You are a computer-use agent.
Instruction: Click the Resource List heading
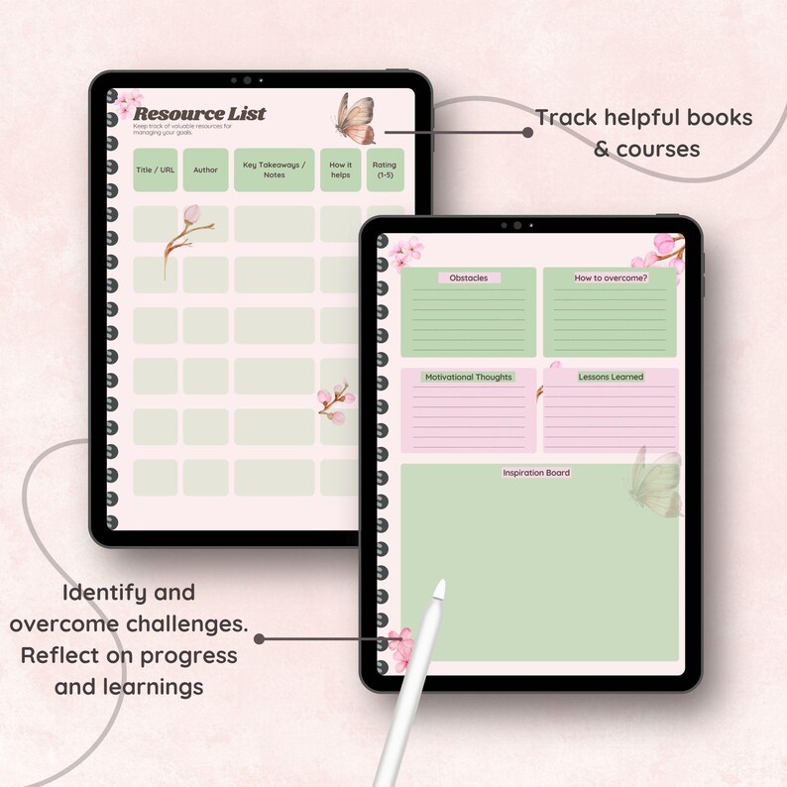click(x=199, y=113)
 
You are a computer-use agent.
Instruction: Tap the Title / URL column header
click(x=155, y=169)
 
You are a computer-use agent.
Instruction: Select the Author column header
click(x=205, y=169)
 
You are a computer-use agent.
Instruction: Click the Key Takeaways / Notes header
click(x=275, y=169)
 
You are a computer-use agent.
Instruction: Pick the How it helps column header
click(x=340, y=169)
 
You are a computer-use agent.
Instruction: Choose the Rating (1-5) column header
click(x=385, y=169)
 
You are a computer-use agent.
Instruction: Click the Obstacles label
click(x=468, y=278)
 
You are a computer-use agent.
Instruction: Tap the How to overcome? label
click(x=611, y=278)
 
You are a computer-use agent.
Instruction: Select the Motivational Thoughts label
click(x=468, y=377)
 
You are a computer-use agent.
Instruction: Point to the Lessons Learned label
click(x=611, y=377)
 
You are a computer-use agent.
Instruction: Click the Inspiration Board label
click(x=536, y=473)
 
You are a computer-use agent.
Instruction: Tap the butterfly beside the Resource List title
click(x=356, y=118)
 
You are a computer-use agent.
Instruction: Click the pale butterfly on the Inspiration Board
click(x=656, y=484)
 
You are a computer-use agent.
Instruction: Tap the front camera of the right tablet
click(x=516, y=225)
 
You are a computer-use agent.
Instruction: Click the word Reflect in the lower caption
click(x=63, y=655)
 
